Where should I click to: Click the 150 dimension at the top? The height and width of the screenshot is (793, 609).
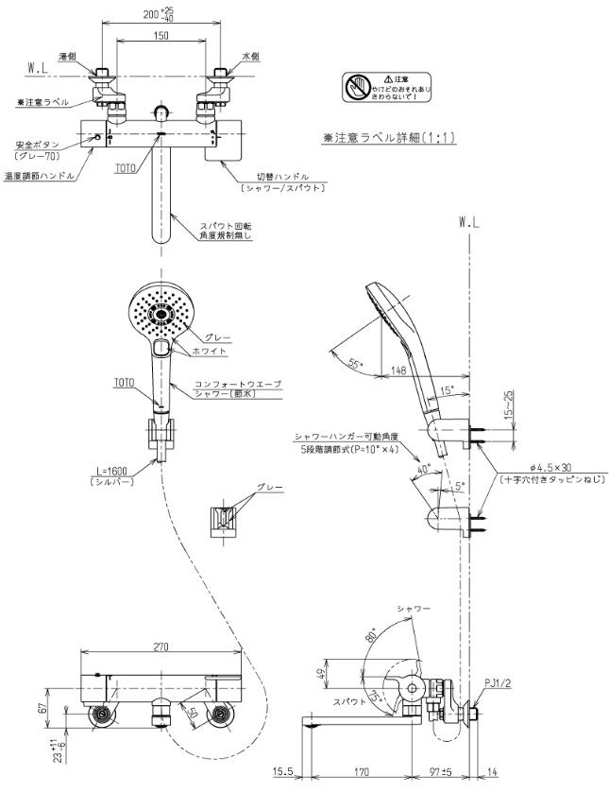[x=160, y=36]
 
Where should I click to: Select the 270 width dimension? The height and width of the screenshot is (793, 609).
[x=160, y=647]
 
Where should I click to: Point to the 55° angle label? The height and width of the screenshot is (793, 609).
[x=355, y=362]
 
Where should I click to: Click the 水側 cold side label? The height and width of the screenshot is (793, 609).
[x=249, y=57]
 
